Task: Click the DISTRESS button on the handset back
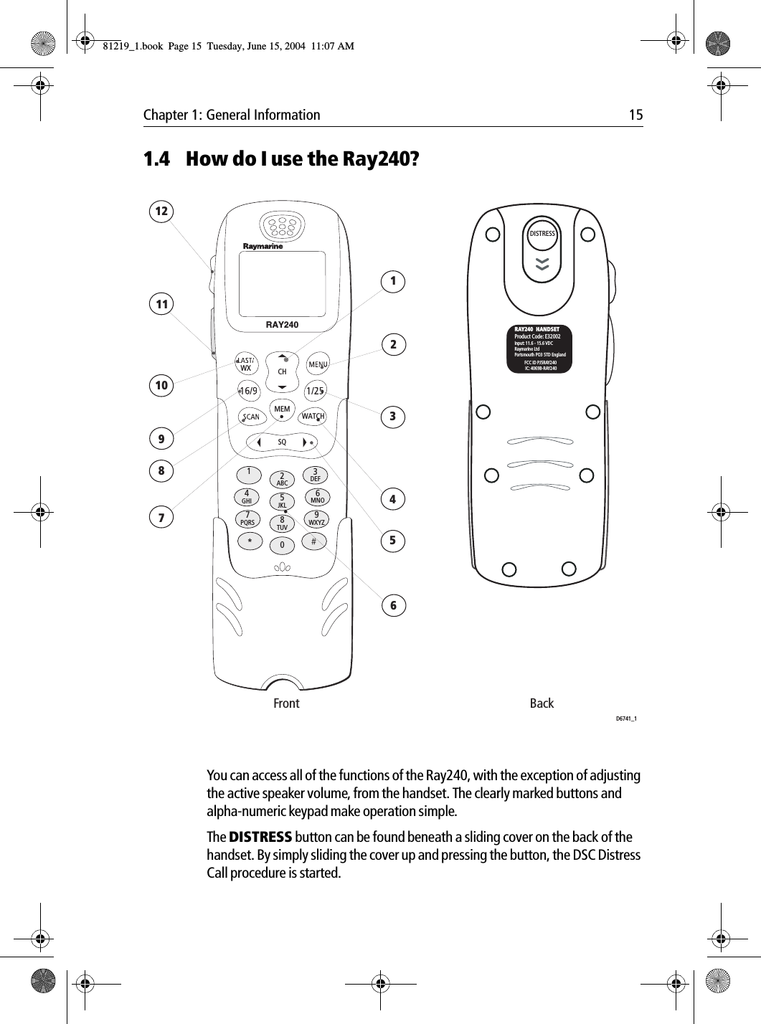tap(542, 234)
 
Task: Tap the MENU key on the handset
tap(318, 365)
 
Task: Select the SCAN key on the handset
tap(251, 417)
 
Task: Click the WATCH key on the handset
tap(313, 416)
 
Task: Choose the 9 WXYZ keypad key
tap(316, 518)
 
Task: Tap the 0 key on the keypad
tap(283, 546)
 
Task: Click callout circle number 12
tap(163, 212)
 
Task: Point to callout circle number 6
tap(393, 605)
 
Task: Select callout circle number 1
tap(393, 281)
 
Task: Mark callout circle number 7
tap(162, 516)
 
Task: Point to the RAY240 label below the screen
tap(282, 325)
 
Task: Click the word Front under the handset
tap(286, 703)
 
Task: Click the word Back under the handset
tap(542, 703)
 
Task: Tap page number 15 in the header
tap(635, 115)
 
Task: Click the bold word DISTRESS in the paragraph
tap(260, 838)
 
